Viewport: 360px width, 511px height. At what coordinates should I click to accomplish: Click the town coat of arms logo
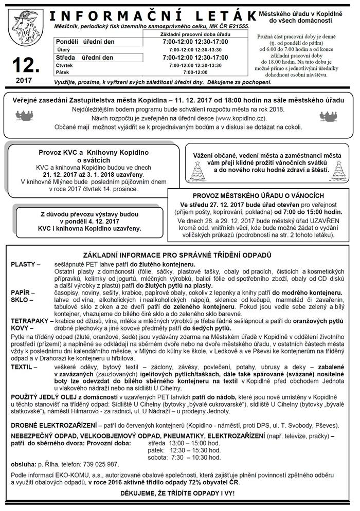pyautogui.click(x=23, y=29)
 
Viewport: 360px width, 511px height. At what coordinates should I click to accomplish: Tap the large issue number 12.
pyautogui.click(x=24, y=65)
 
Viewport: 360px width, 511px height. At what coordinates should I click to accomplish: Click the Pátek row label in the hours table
pyautogui.click(x=65, y=72)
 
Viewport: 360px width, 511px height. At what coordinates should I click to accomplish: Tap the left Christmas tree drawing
pyautogui.click(x=197, y=171)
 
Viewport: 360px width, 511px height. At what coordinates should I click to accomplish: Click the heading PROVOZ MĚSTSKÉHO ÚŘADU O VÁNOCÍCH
pyautogui.click(x=258, y=196)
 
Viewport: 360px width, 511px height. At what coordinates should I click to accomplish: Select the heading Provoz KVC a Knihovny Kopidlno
pyautogui.click(x=86, y=153)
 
